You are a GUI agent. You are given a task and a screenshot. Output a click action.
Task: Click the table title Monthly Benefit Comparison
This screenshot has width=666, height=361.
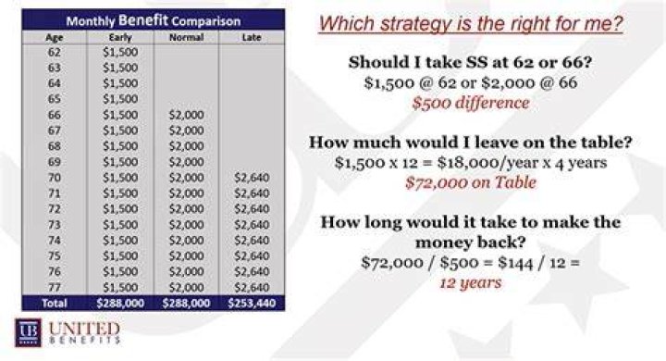(x=154, y=20)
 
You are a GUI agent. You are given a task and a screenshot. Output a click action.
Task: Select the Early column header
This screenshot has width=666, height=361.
(x=120, y=37)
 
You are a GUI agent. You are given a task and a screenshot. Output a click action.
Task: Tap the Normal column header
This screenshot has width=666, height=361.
(x=187, y=37)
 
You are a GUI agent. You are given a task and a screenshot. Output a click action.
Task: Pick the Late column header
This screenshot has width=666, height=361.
(x=252, y=37)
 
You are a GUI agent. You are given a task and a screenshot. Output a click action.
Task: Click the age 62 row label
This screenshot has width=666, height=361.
(x=54, y=53)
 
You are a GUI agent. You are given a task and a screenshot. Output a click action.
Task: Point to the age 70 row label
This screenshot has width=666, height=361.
(x=54, y=178)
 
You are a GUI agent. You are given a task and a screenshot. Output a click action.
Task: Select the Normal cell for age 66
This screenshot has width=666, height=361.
(x=187, y=115)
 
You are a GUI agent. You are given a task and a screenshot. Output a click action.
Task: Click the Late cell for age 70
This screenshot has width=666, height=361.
(x=252, y=178)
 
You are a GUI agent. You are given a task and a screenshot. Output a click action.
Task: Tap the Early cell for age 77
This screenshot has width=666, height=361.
(x=120, y=288)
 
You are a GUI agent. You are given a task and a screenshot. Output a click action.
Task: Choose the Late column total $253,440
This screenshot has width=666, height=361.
(x=252, y=304)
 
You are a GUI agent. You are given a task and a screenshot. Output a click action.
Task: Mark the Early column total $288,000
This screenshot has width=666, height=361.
(x=120, y=304)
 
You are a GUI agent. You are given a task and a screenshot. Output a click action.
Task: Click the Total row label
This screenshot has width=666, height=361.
(x=55, y=304)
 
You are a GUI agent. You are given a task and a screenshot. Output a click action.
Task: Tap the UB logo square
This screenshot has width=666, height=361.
(x=28, y=332)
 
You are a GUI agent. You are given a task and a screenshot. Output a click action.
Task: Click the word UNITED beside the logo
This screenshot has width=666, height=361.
(x=84, y=329)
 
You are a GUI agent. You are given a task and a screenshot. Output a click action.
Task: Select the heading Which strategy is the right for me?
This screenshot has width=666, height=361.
(x=471, y=23)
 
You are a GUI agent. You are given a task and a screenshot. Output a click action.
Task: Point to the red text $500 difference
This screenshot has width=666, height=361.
(x=471, y=104)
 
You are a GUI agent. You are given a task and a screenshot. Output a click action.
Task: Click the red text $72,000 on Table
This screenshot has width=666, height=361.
(x=471, y=183)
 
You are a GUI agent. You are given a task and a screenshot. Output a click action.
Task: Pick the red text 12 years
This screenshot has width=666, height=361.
(x=471, y=283)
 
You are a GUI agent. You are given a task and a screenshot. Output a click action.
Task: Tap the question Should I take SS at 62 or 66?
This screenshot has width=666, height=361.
(x=470, y=63)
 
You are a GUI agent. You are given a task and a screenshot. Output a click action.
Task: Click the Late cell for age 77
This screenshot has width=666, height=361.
(x=252, y=288)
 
